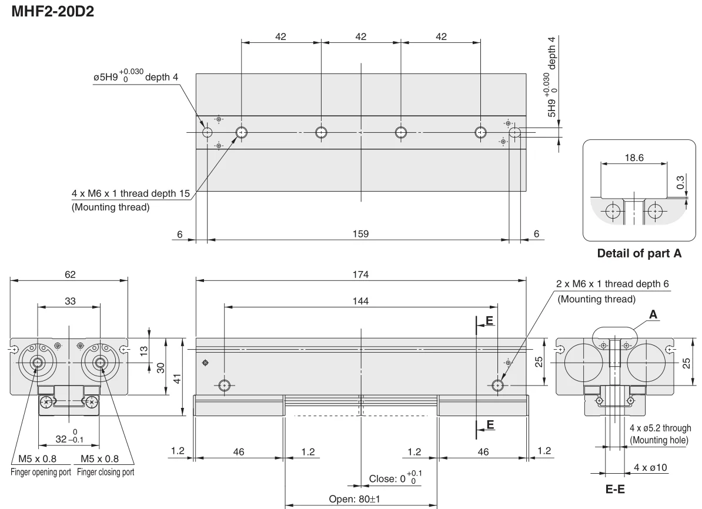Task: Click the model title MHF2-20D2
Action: (52, 11)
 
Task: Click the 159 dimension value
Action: (360, 234)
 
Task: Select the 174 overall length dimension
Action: (360, 274)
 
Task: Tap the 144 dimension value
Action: (360, 302)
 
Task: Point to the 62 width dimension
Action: (71, 274)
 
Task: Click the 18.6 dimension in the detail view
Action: (634, 158)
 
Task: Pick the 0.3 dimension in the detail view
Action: (680, 182)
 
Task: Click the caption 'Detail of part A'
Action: (639, 253)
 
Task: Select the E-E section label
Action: (615, 489)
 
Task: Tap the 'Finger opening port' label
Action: (41, 472)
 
